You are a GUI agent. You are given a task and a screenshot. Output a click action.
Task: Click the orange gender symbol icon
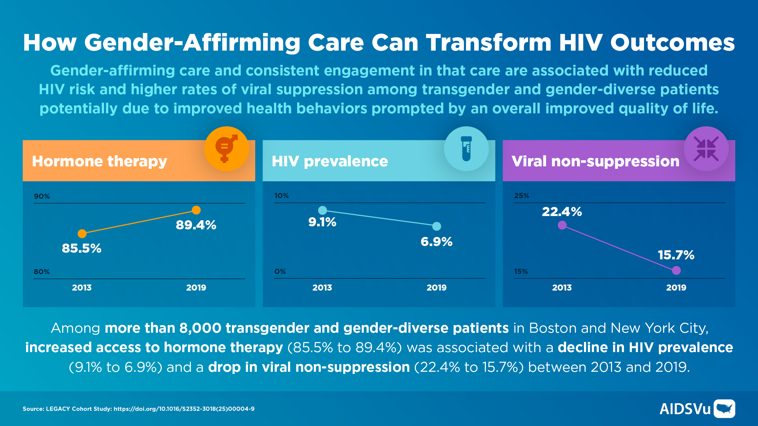click(226, 148)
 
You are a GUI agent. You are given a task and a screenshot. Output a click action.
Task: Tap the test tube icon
click(466, 148)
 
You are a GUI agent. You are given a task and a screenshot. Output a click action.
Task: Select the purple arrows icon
click(706, 148)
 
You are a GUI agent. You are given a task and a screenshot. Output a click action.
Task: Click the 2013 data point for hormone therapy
click(82, 234)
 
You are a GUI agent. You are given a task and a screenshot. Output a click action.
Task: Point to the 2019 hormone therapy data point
click(196, 210)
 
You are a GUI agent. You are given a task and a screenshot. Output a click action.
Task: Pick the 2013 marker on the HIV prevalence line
click(322, 210)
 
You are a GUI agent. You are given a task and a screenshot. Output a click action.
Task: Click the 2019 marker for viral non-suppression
click(676, 270)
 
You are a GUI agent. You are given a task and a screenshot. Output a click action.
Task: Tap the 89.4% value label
click(196, 225)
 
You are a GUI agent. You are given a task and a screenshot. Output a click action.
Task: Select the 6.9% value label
click(436, 241)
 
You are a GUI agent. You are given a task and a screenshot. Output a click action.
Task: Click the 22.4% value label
click(562, 211)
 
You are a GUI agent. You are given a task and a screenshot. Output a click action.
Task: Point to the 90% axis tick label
click(42, 196)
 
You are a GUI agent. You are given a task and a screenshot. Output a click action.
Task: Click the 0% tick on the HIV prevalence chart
click(280, 271)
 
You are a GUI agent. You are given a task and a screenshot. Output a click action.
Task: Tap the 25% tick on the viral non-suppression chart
click(522, 196)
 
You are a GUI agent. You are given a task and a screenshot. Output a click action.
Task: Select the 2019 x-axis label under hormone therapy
click(196, 288)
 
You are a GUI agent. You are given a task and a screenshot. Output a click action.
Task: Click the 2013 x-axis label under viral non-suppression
click(562, 288)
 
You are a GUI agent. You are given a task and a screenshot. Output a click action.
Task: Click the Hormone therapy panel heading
click(99, 161)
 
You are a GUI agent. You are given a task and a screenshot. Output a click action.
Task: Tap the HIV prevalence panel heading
click(330, 161)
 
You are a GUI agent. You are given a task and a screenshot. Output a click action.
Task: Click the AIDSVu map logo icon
click(724, 409)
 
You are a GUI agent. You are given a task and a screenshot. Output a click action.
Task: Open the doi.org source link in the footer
click(184, 409)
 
